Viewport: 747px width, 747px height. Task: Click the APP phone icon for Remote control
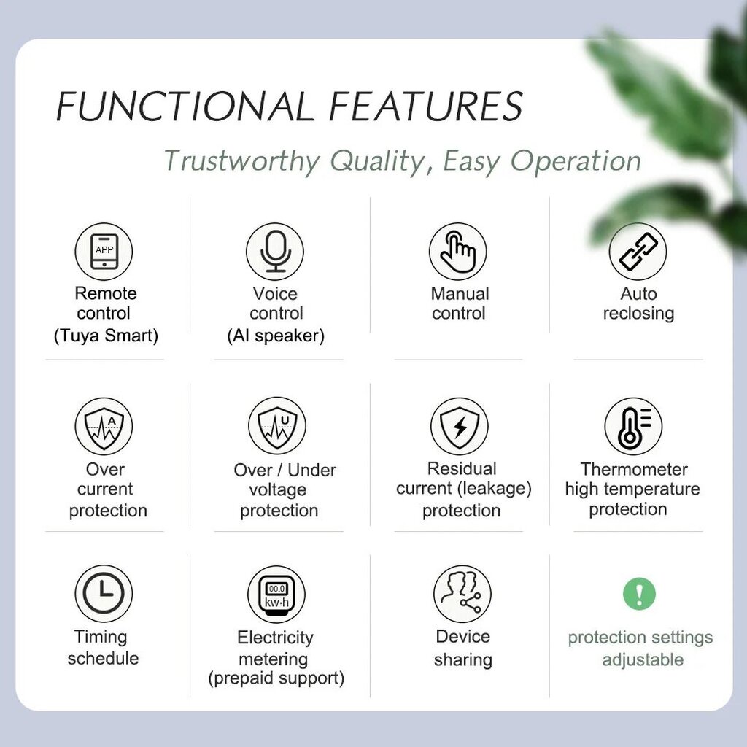click(x=104, y=251)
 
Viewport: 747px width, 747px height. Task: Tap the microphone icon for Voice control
click(x=275, y=251)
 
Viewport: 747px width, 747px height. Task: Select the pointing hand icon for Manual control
click(x=458, y=251)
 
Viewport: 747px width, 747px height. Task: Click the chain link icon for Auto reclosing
click(x=638, y=251)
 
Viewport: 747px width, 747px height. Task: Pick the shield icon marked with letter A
click(x=104, y=426)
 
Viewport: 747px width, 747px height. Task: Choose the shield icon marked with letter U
click(x=277, y=425)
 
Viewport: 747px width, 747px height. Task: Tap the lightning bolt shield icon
click(x=460, y=426)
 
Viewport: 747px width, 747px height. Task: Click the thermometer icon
click(x=633, y=426)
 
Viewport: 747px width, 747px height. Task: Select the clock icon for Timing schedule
click(x=104, y=594)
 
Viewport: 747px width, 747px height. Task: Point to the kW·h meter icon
click(x=276, y=595)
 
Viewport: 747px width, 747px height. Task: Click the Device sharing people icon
click(x=462, y=594)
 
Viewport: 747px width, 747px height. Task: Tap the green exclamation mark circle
click(x=639, y=594)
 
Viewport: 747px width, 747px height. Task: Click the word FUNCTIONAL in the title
click(x=185, y=107)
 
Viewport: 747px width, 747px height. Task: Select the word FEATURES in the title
click(x=426, y=106)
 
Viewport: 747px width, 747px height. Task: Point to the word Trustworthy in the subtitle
click(x=242, y=161)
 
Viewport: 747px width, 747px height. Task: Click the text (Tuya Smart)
click(x=106, y=336)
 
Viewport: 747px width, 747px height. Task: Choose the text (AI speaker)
click(x=276, y=336)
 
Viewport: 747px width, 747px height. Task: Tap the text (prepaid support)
click(x=276, y=678)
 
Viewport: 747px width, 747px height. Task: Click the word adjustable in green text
click(x=643, y=660)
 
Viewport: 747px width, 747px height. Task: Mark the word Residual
click(x=462, y=468)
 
